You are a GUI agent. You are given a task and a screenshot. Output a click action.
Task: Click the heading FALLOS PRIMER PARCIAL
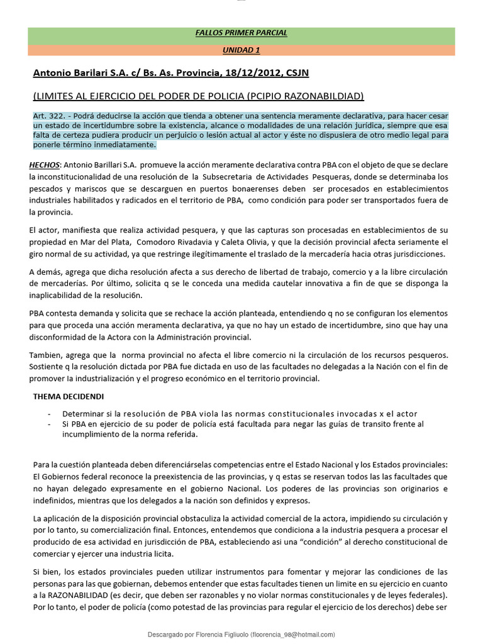click(241, 33)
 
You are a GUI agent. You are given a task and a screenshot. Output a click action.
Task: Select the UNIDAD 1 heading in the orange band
click(241, 50)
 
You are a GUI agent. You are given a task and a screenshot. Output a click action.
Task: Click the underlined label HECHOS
click(44, 165)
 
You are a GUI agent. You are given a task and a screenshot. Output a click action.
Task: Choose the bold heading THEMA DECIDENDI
click(68, 397)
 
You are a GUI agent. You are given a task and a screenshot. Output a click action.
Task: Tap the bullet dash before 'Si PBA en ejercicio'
click(50, 424)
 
